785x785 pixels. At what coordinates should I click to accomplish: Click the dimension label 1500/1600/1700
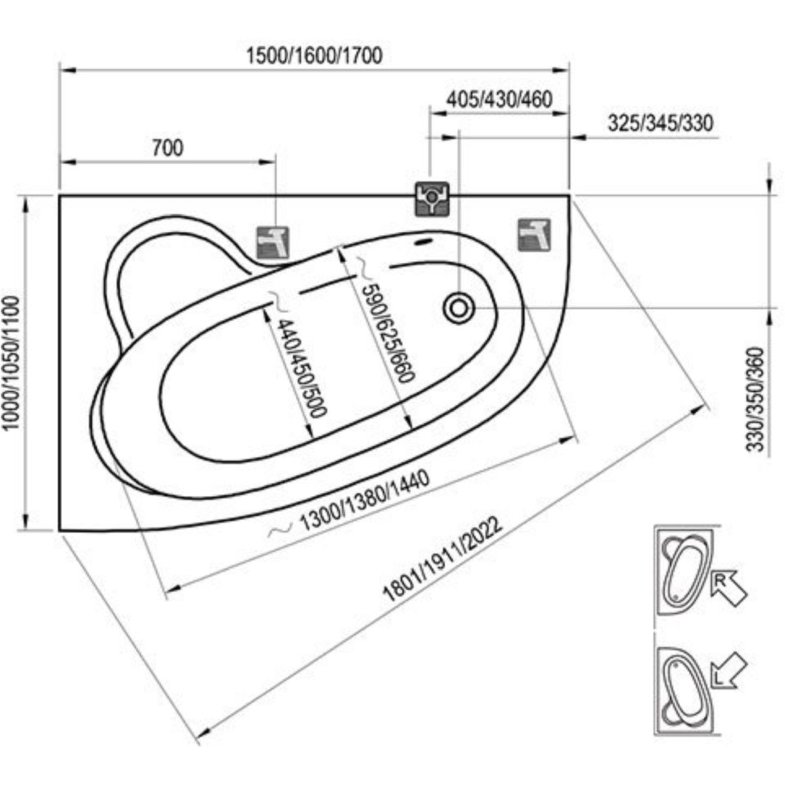click(x=315, y=56)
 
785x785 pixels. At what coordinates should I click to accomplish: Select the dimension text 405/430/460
click(x=499, y=99)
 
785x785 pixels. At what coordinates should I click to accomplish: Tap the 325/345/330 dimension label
click(x=660, y=122)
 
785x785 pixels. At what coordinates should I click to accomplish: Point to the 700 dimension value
click(x=168, y=148)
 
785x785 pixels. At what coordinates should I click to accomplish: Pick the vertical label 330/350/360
click(x=754, y=399)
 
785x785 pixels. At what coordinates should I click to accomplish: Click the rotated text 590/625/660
click(x=388, y=332)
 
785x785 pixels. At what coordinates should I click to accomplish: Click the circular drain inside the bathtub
click(x=459, y=308)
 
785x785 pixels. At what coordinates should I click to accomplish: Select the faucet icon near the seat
click(x=273, y=243)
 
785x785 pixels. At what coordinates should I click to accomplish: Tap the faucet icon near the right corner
click(x=534, y=235)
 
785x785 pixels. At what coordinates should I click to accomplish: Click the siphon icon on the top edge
click(x=432, y=199)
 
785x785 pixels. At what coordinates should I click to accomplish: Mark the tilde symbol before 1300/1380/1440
click(x=281, y=530)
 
